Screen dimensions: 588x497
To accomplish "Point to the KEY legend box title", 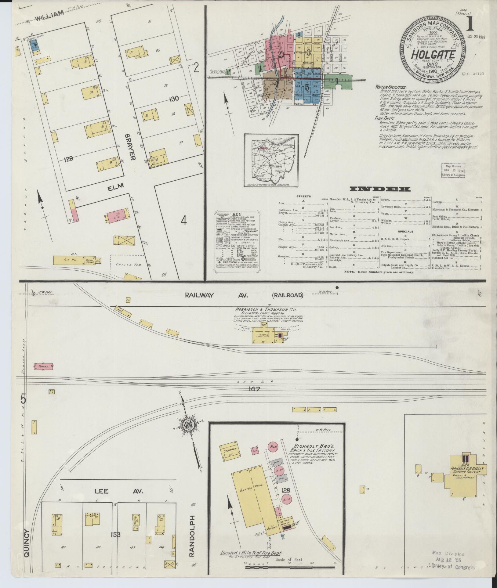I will (x=237, y=214).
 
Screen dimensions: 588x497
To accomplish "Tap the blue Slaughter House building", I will (x=33, y=45).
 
